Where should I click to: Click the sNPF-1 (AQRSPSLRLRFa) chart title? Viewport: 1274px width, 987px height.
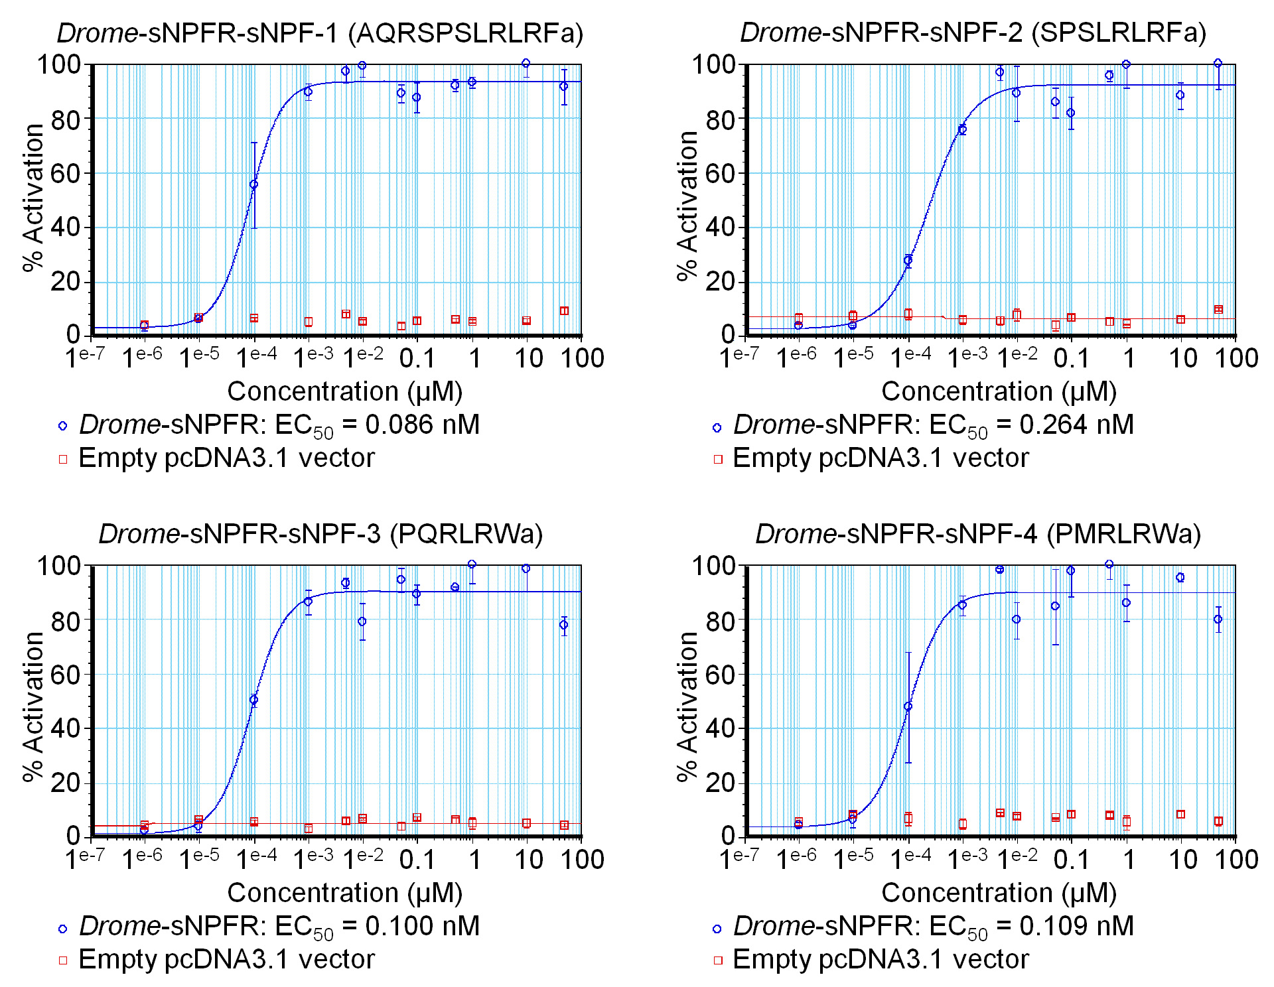tap(319, 33)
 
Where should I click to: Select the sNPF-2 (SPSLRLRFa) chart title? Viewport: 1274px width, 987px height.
tap(973, 33)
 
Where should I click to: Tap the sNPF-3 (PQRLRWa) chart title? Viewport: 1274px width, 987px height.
tap(320, 534)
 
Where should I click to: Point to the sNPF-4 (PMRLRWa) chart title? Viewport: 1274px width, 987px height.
tap(978, 534)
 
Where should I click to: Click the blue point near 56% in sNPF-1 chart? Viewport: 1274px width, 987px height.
tap(253, 184)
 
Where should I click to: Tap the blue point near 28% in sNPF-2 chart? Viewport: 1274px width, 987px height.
tap(908, 260)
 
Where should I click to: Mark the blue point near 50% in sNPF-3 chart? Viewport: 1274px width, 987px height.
tap(253, 700)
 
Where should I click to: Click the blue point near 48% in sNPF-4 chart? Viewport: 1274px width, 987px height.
tap(908, 706)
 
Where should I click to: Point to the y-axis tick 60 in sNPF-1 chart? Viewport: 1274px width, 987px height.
tap(66, 174)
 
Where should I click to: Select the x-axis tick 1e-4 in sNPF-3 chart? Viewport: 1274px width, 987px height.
tap(257, 860)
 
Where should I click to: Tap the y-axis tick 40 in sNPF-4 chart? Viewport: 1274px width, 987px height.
tap(721, 728)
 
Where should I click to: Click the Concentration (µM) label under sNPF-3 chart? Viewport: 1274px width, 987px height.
tap(344, 893)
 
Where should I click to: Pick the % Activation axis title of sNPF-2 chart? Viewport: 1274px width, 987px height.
tap(688, 206)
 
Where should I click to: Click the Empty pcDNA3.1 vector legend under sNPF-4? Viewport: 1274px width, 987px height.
tap(880, 960)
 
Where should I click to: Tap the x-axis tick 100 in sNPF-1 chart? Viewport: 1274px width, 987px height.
tap(582, 359)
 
